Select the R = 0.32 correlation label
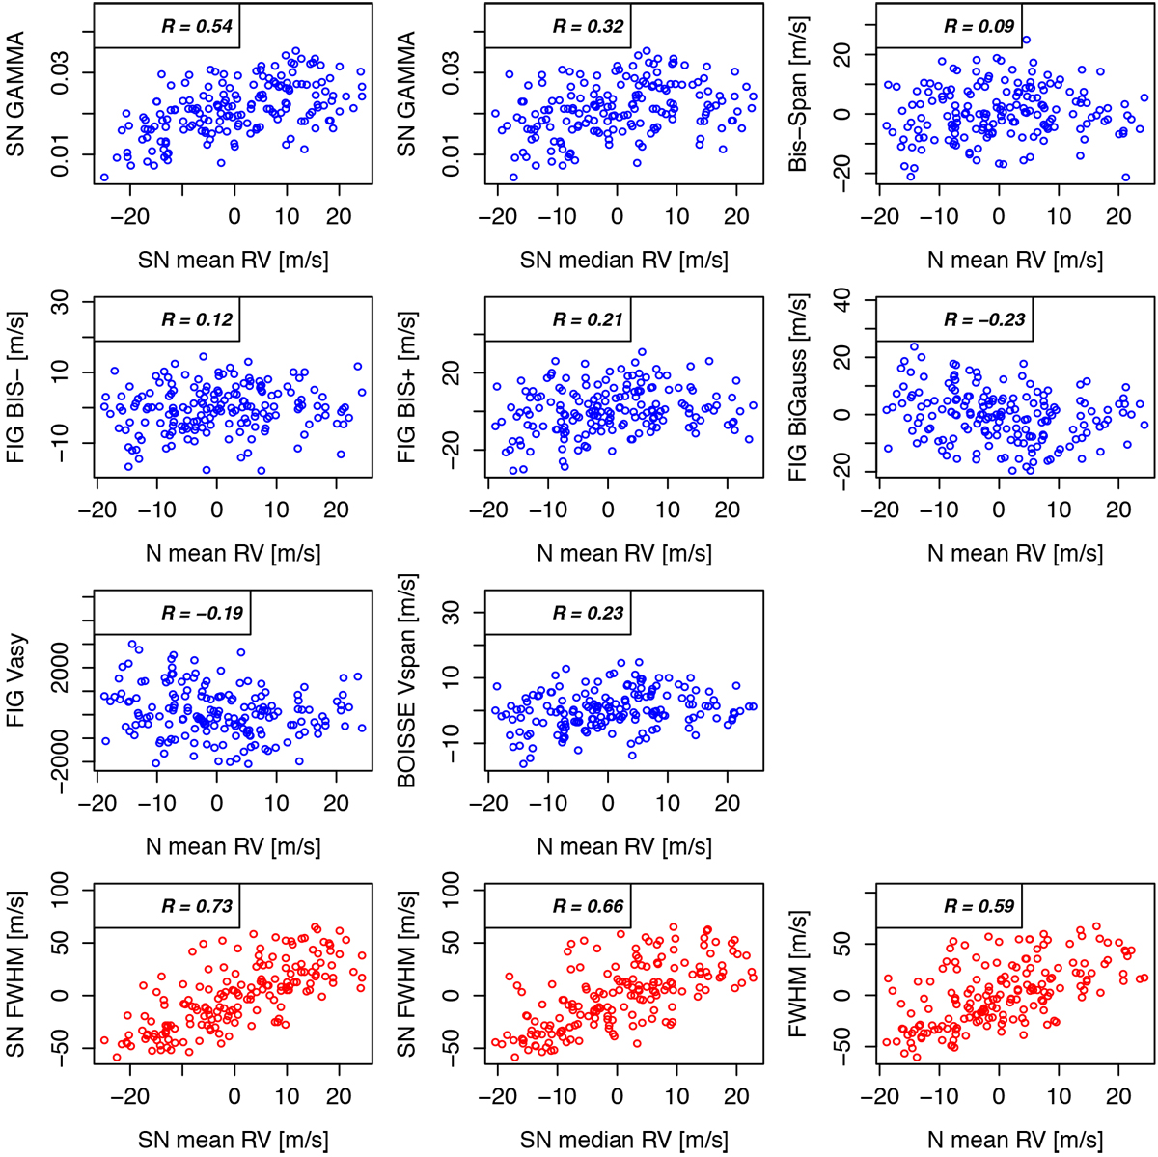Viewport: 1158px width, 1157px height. [588, 26]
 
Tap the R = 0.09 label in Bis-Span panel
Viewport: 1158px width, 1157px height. [979, 26]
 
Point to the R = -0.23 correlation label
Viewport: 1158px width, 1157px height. [984, 320]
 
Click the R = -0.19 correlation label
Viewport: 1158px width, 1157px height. [203, 613]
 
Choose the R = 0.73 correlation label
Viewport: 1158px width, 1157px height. [196, 906]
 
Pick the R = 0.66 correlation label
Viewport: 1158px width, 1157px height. [588, 906]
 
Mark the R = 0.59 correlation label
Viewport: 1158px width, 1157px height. [979, 906]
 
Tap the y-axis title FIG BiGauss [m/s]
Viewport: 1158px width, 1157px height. [798, 388]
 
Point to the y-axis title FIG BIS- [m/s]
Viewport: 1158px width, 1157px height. [16, 387]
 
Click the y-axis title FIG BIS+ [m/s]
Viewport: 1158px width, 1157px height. [407, 387]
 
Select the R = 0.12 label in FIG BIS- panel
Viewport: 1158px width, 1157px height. [197, 319]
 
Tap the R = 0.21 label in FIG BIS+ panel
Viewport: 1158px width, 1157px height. [588, 319]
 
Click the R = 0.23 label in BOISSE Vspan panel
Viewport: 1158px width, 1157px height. [588, 613]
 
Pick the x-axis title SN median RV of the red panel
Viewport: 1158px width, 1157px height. [623, 1140]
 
